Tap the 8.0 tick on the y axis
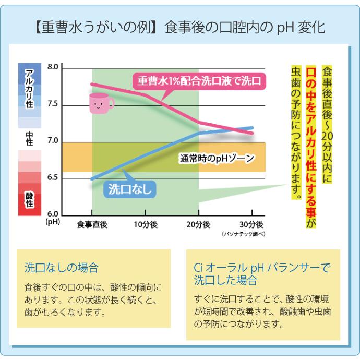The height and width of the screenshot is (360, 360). click(53, 68)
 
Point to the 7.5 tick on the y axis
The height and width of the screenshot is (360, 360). click(53, 105)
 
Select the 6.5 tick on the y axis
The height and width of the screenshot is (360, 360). click(53, 178)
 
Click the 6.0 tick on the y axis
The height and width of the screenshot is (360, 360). click(53, 214)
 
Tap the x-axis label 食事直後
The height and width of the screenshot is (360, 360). click(92, 224)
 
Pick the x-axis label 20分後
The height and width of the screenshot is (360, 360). click(199, 224)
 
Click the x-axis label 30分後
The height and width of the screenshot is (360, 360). click(252, 224)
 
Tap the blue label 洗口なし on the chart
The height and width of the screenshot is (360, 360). click(131, 189)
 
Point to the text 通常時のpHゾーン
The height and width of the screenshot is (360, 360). click(212, 158)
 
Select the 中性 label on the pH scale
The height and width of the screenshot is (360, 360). click(30, 138)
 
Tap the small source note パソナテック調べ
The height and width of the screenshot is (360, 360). click(244, 234)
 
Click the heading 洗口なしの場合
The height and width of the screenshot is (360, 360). click(61, 268)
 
